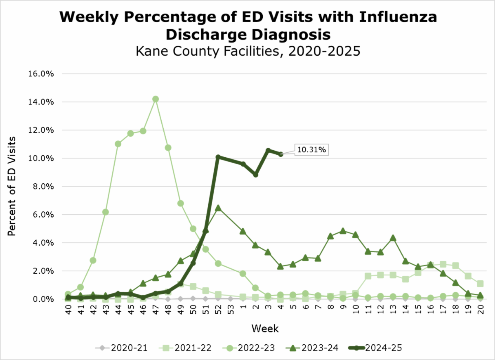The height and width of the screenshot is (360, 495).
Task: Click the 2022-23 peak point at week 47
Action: (156, 99)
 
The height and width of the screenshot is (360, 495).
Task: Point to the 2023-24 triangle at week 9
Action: (343, 231)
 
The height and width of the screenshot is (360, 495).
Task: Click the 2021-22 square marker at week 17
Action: (443, 264)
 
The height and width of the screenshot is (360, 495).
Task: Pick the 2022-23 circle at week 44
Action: (118, 144)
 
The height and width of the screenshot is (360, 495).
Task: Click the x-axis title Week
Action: (266, 329)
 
